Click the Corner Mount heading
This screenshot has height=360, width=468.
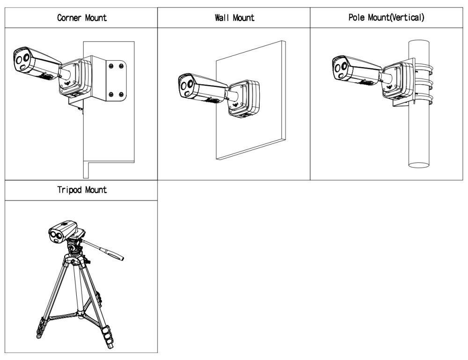click(x=81, y=18)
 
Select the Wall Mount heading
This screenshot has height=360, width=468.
click(x=234, y=18)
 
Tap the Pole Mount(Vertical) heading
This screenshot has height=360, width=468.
click(x=386, y=18)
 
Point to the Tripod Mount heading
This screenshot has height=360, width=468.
click(x=81, y=190)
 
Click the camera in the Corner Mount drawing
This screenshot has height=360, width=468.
click(x=35, y=65)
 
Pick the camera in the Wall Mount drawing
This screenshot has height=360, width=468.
click(x=201, y=87)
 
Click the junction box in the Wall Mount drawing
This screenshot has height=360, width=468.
click(x=245, y=98)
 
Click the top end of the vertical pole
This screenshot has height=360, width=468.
click(x=419, y=43)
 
